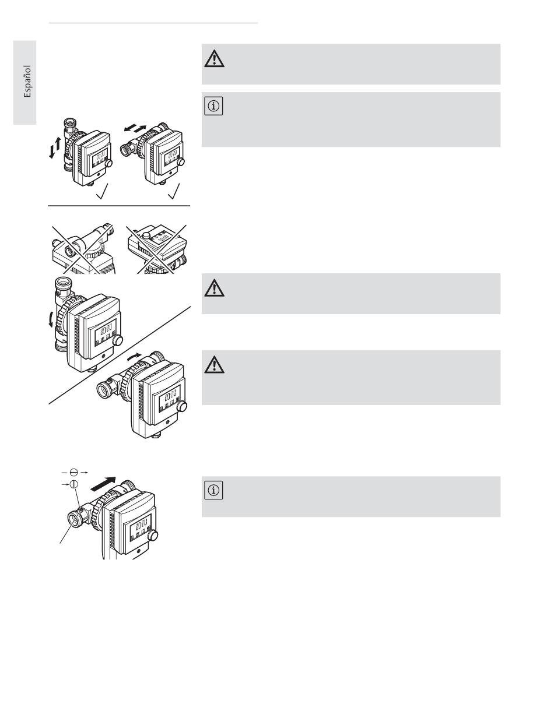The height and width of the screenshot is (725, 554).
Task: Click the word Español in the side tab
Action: click(x=27, y=81)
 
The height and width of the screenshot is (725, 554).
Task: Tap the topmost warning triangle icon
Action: click(x=214, y=59)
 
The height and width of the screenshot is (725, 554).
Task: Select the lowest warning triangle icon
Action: click(x=214, y=365)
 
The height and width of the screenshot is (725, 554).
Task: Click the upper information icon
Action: click(x=213, y=106)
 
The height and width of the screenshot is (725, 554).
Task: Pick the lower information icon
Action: click(x=213, y=490)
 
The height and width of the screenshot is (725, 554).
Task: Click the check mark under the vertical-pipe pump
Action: click(x=102, y=192)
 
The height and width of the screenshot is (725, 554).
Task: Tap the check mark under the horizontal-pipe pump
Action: click(x=174, y=192)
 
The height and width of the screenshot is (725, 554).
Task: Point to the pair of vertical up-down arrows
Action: click(x=55, y=147)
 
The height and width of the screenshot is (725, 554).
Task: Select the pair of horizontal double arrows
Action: click(x=135, y=128)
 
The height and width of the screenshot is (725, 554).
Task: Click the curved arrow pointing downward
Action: click(x=51, y=320)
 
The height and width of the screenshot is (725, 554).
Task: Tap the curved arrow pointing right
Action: click(x=134, y=357)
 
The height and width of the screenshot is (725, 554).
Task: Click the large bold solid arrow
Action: click(x=103, y=484)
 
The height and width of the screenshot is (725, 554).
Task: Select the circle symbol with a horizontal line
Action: click(x=74, y=473)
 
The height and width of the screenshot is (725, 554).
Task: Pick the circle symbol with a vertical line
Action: click(x=74, y=484)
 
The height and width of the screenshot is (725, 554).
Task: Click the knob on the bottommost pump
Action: click(x=152, y=536)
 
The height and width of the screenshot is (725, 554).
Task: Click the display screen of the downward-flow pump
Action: click(x=106, y=333)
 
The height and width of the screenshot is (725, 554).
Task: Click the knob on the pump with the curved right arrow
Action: click(x=181, y=406)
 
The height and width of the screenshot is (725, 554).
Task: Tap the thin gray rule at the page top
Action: click(x=153, y=23)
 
